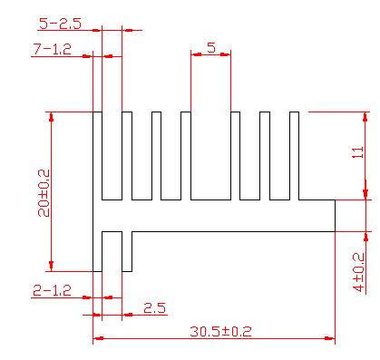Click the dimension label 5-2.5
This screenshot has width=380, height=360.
click(x=61, y=24)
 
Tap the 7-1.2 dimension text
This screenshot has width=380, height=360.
click(x=53, y=49)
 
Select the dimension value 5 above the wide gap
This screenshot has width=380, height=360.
click(x=211, y=47)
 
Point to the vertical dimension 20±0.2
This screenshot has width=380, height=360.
click(x=44, y=193)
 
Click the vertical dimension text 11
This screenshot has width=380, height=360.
click(x=358, y=152)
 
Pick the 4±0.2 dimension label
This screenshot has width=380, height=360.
click(x=359, y=272)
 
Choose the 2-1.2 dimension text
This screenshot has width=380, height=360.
click(x=53, y=290)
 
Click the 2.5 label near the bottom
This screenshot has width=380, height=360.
click(x=154, y=308)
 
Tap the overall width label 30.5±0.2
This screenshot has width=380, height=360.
click(x=220, y=332)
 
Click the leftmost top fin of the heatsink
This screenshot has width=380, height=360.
click(x=97, y=156)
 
